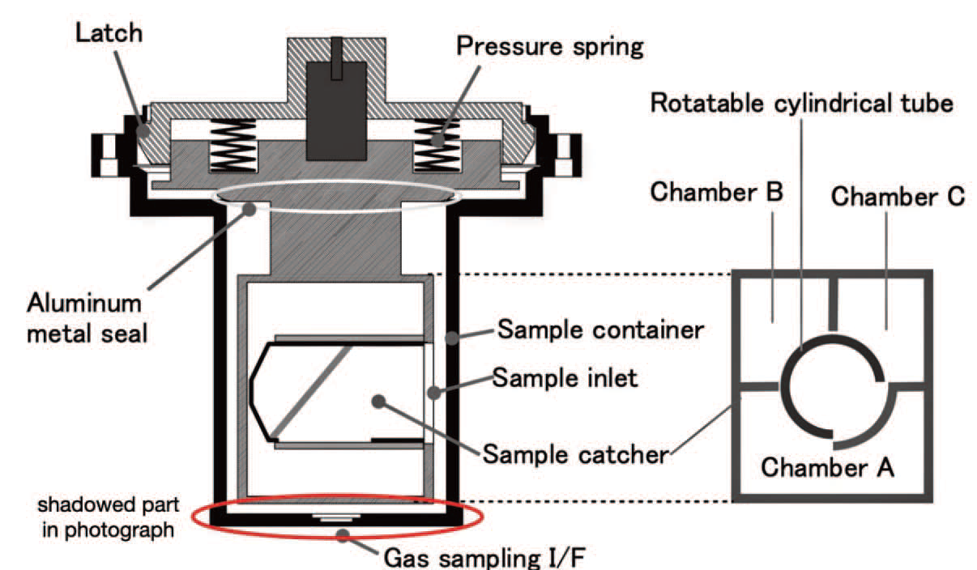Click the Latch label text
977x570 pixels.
tap(109, 34)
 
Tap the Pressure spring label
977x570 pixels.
tap(550, 45)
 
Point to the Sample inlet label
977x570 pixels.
tap(555, 379)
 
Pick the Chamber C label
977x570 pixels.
tap(898, 196)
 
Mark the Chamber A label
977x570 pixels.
tap(827, 467)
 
